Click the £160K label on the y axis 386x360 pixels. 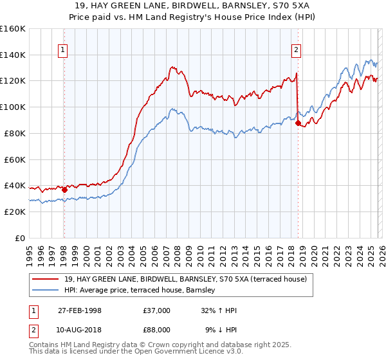point(13,29)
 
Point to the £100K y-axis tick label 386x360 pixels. point(13,107)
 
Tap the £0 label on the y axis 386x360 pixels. point(19,239)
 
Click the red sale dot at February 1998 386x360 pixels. point(64,190)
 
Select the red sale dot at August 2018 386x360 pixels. point(298,123)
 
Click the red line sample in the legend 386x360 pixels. point(47,280)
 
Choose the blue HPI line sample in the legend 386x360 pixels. point(47,291)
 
